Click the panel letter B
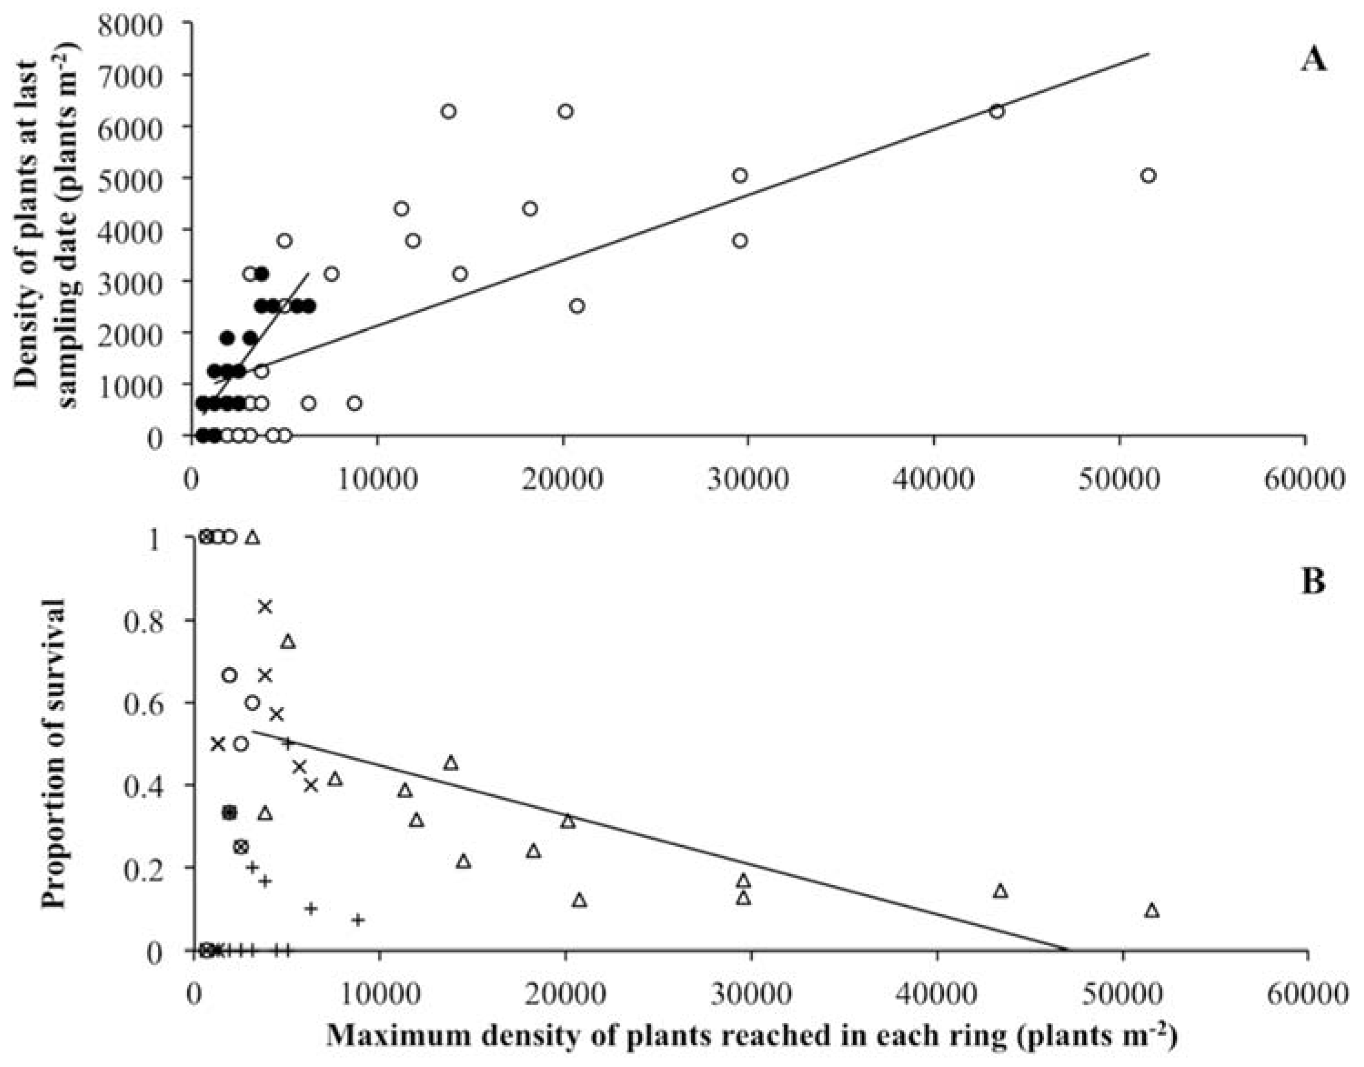[x=1312, y=582]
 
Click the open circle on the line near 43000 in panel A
[x=997, y=112]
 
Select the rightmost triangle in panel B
[x=1152, y=911]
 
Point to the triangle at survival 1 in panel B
[x=252, y=538]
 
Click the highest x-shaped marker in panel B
[x=265, y=607]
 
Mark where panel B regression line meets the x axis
[x=1067, y=950]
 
